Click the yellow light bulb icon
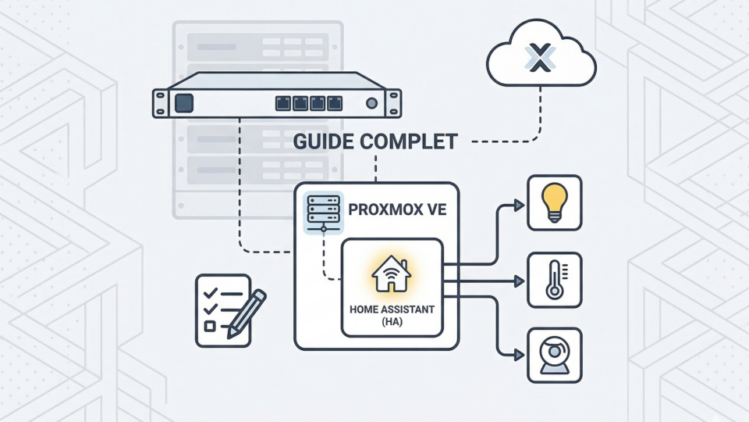554,201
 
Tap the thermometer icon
554,280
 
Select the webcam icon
554,355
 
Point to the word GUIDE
323,144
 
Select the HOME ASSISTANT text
392,310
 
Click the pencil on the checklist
246,313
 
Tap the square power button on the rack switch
185,102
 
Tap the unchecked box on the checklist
208,325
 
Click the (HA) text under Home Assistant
392,322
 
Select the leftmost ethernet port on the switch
283,102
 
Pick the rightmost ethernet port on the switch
335,102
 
